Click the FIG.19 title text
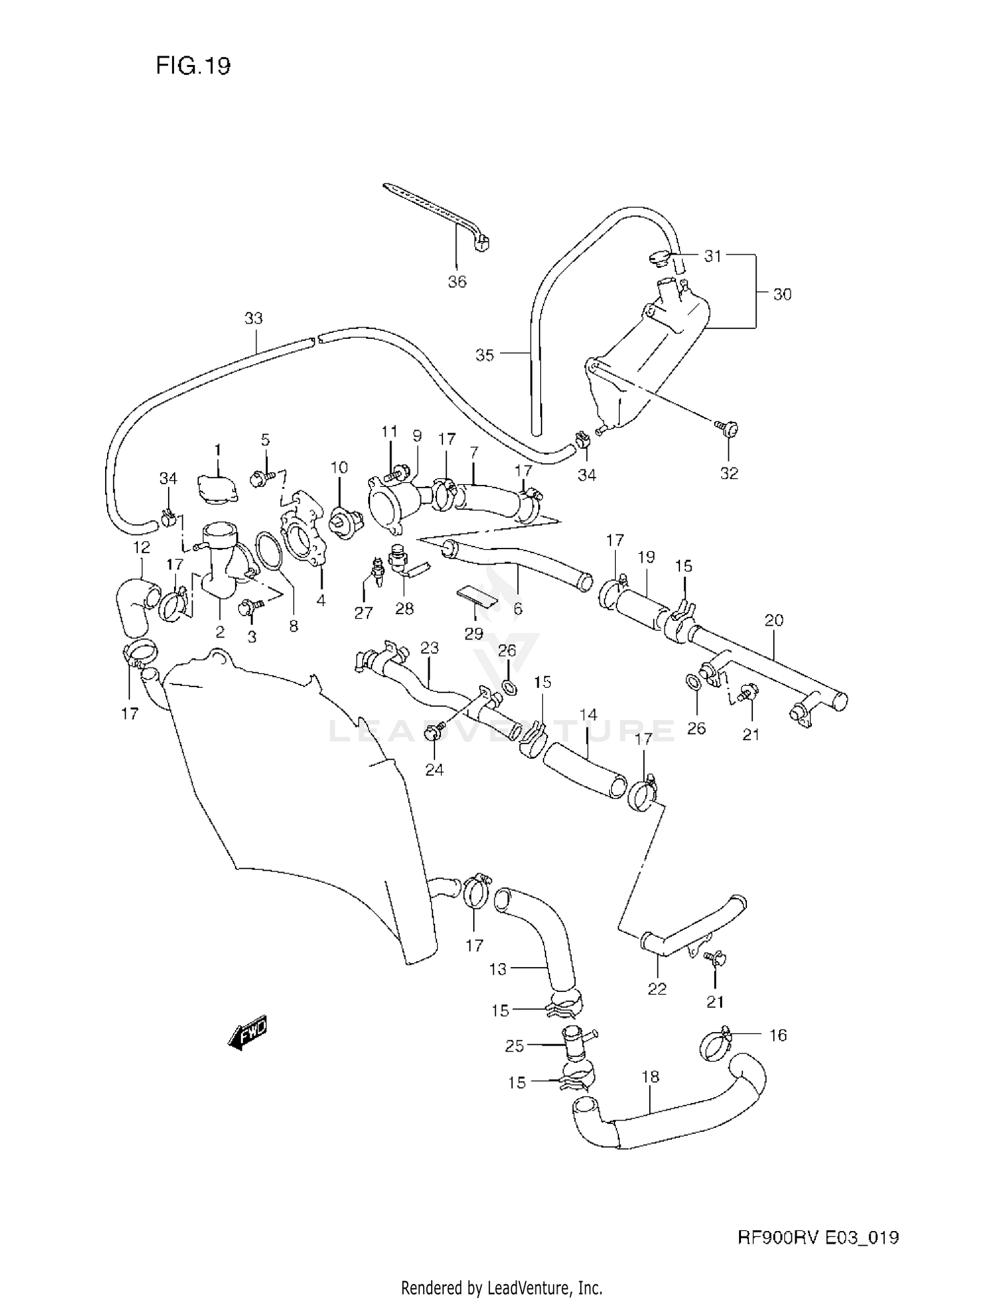(x=193, y=66)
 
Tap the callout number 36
(x=457, y=282)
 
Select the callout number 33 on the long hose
(x=254, y=319)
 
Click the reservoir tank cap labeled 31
(x=658, y=257)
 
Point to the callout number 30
(x=782, y=294)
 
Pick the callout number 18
(x=650, y=1076)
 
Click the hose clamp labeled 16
(x=716, y=1045)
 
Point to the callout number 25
(x=514, y=1045)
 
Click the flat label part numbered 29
(x=478, y=597)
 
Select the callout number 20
(x=774, y=620)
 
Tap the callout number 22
(x=657, y=989)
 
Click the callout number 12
(x=141, y=548)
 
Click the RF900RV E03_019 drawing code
(x=818, y=1237)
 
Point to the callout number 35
(x=485, y=355)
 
